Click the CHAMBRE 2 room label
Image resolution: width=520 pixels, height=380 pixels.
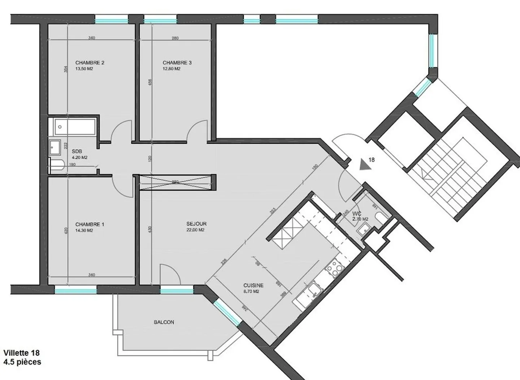(x=90, y=62)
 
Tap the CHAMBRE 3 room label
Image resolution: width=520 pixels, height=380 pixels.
(x=177, y=62)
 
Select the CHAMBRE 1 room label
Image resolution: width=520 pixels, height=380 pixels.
(x=90, y=224)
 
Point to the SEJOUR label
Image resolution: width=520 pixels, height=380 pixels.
(x=196, y=224)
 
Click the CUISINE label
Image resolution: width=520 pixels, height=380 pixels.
(x=253, y=285)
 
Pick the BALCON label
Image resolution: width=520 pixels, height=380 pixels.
(x=164, y=322)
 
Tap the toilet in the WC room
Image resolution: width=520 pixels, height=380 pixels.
(x=381, y=218)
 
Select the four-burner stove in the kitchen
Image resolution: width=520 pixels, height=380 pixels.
(x=334, y=268)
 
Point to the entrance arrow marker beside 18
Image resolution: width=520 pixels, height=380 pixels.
(x=367, y=165)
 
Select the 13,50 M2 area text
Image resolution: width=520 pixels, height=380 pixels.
(x=84, y=69)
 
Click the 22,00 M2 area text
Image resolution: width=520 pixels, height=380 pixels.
(x=196, y=230)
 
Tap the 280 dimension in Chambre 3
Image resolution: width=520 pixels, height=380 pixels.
(x=175, y=38)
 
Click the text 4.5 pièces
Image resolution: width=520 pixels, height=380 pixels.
(x=22, y=362)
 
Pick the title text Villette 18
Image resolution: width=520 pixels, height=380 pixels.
(x=21, y=353)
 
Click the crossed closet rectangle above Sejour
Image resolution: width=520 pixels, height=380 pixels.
(x=175, y=182)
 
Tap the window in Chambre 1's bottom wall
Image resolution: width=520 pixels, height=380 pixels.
(x=75, y=290)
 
